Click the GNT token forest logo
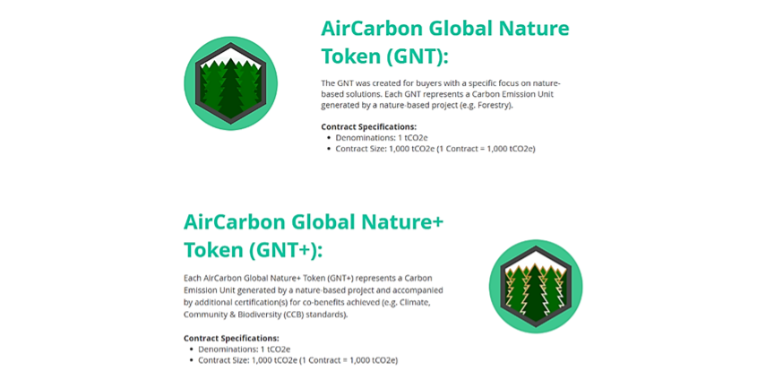click(x=231, y=83)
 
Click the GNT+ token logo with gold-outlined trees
click(x=536, y=286)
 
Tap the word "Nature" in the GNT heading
click(x=534, y=29)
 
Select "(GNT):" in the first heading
click(x=417, y=57)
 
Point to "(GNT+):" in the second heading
click(x=287, y=250)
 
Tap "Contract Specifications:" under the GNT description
click(x=368, y=127)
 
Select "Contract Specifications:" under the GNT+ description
click(x=231, y=338)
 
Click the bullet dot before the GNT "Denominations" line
click(x=328, y=138)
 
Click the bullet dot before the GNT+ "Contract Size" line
click(x=191, y=360)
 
